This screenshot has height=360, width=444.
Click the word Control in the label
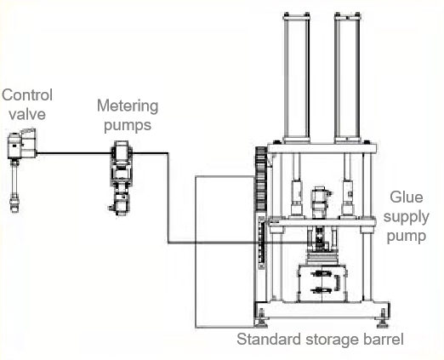coord(26,95)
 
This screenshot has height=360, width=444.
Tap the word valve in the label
coord(26,112)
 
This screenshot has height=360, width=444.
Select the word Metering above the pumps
coord(128,106)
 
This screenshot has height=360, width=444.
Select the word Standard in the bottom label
coord(266,340)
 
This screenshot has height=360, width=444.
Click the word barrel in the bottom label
coord(384,340)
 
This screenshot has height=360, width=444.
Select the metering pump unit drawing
coord(121,179)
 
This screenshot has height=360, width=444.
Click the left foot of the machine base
coord(262,324)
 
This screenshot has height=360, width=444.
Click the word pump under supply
coord(407,236)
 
